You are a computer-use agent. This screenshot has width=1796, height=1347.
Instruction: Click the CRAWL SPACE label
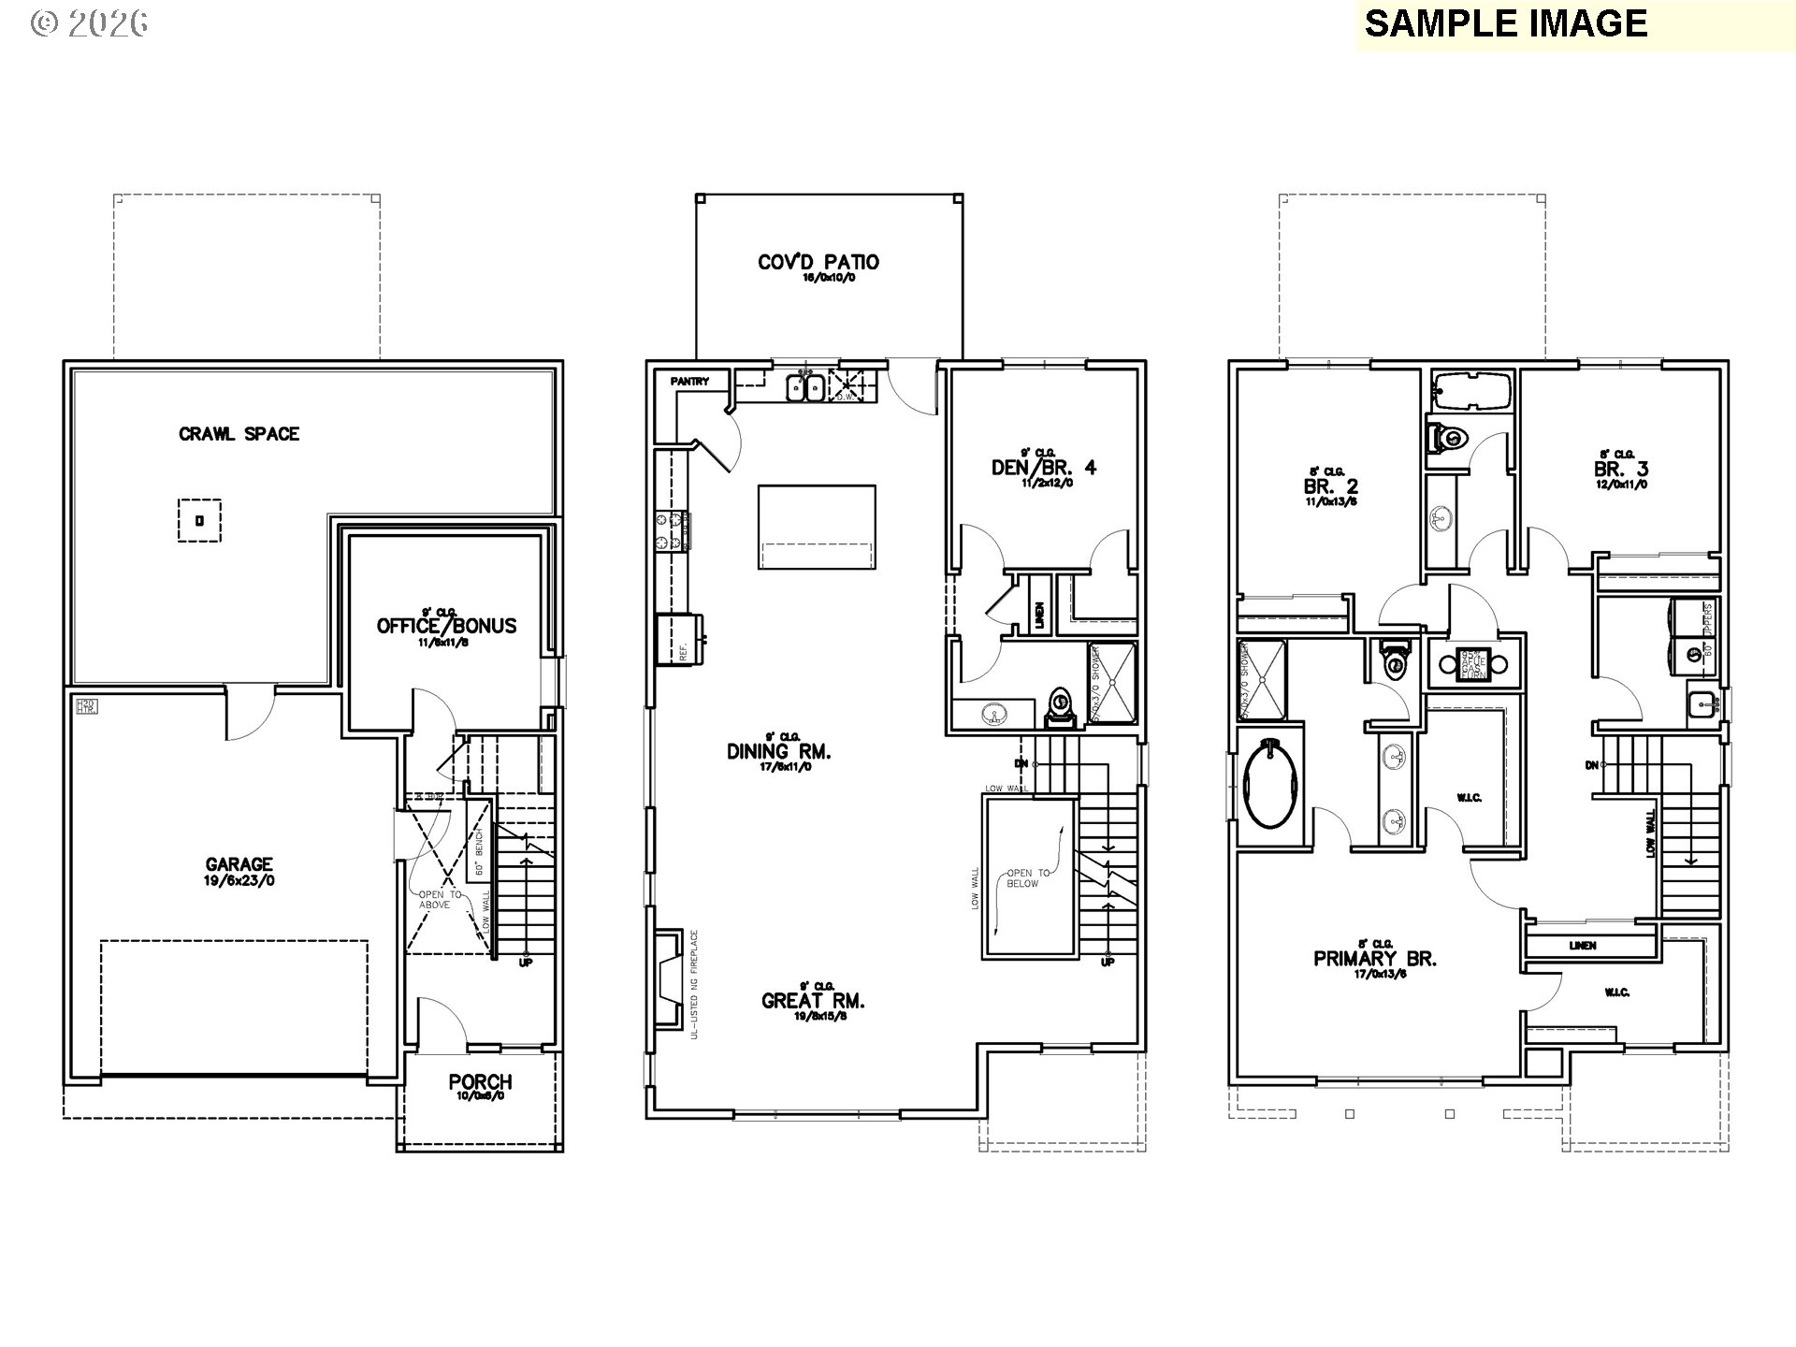tap(239, 434)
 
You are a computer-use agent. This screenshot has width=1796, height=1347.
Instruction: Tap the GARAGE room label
tap(239, 865)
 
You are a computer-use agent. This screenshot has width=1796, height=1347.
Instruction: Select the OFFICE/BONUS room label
tap(446, 626)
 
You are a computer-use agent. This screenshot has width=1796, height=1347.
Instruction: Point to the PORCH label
tap(480, 1082)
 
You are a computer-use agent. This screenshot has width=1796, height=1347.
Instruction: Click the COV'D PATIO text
tap(818, 262)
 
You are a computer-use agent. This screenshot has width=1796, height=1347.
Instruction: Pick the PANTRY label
tap(689, 382)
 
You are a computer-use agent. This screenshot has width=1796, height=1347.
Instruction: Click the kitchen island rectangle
tap(816, 527)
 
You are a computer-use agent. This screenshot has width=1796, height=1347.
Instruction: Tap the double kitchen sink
tap(804, 387)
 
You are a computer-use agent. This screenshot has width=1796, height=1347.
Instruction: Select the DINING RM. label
tap(778, 751)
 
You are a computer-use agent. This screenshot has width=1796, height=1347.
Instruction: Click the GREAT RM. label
tap(813, 1001)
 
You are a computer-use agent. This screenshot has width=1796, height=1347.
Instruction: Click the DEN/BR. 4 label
tap(1043, 467)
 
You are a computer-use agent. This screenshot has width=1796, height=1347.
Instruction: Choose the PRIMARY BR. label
tap(1374, 959)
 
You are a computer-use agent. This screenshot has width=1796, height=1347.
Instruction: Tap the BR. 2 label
tap(1330, 486)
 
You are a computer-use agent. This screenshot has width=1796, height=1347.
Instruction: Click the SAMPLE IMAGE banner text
tap(1505, 23)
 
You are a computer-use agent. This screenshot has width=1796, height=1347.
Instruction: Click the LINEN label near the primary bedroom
tap(1583, 946)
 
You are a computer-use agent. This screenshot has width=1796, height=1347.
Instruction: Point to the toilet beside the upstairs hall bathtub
tap(1449, 438)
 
